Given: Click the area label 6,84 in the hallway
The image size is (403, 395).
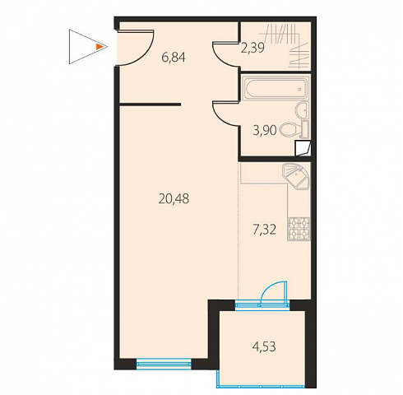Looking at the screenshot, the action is pos(174,58).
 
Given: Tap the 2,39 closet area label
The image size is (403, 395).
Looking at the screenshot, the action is pos(252,48).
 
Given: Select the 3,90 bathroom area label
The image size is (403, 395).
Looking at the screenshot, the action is pos(265,130).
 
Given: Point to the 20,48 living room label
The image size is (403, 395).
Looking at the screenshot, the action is pos(174,198).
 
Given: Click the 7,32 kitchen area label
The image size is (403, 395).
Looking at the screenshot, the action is pos(264,230).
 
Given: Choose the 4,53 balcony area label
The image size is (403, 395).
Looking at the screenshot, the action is pos(264,346).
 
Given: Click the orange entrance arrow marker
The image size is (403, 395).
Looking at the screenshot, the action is pos(100,47).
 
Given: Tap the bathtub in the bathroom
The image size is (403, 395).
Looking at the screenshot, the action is pos(276,88).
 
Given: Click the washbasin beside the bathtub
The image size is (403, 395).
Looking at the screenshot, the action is pos(302,109).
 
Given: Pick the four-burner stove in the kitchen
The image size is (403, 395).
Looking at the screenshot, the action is pos(299,229).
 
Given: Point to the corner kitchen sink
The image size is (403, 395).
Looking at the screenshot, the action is pos(296,176).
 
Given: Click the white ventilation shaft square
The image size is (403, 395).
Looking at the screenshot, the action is pos(303,148).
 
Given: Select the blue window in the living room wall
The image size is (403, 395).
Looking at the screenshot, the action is pos(164,364).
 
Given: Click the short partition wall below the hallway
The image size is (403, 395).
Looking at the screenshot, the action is pos(150,105).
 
